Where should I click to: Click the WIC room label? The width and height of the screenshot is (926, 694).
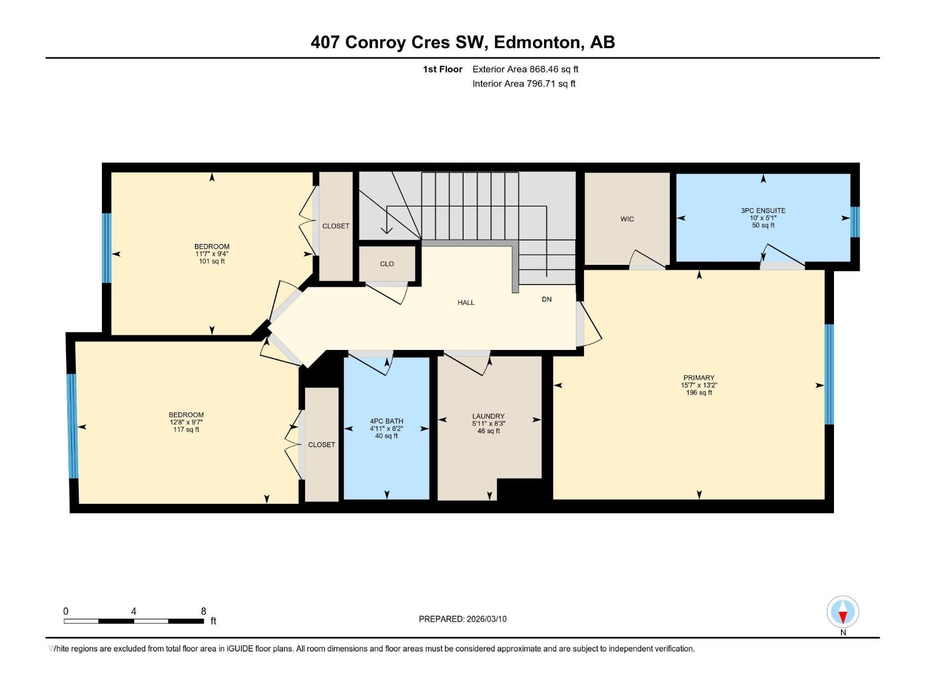click(x=627, y=219)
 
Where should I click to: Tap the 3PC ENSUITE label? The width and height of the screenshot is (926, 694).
click(x=763, y=211)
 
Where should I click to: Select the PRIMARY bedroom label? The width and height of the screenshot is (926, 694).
click(x=699, y=378)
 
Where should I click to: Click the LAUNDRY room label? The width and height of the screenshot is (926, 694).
click(x=488, y=416)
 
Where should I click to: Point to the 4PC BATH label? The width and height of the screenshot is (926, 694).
click(x=386, y=421)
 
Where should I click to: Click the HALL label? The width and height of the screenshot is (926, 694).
click(x=466, y=302)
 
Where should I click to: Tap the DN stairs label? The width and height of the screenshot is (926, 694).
click(x=546, y=300)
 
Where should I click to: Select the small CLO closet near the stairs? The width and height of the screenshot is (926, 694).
click(x=387, y=264)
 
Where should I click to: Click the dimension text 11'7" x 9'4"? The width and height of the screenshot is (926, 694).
click(x=212, y=254)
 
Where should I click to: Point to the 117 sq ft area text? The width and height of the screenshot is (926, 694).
click(x=186, y=430)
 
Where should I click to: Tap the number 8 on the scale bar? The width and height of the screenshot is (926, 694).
click(x=203, y=611)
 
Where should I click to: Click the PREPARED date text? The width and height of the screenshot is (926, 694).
click(x=462, y=619)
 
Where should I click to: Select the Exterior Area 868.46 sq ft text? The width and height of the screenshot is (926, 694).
click(x=525, y=69)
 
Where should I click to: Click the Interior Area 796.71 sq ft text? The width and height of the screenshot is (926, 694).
click(x=524, y=84)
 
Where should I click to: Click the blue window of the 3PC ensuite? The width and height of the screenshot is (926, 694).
click(x=854, y=222)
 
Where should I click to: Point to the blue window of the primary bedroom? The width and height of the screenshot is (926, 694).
click(x=829, y=374)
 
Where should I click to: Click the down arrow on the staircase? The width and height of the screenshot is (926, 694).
click(x=387, y=230)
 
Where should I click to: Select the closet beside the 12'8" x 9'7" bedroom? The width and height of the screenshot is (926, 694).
click(x=321, y=445)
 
